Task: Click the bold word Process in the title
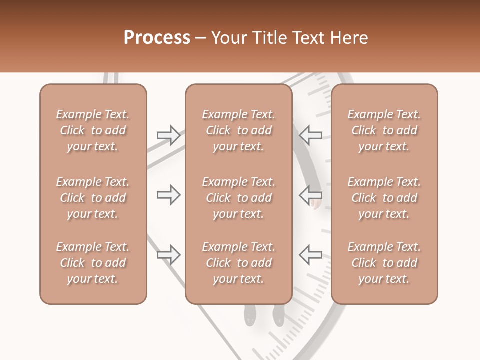tap(157, 38)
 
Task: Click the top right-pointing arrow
tap(169, 135)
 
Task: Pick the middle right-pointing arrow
tap(169, 195)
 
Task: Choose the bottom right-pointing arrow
tap(169, 255)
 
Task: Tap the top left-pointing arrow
tap(310, 135)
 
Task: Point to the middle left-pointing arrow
tap(310, 195)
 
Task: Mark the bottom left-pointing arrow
tap(310, 255)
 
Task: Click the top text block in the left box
tap(93, 130)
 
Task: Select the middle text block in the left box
tap(93, 198)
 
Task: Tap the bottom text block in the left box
tap(93, 263)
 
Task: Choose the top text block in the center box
tap(239, 130)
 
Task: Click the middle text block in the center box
tap(239, 198)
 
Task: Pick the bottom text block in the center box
tap(239, 263)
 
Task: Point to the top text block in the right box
tap(384, 130)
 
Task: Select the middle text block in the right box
tap(384, 198)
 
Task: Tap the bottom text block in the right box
tap(384, 263)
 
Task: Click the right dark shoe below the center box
tap(278, 315)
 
